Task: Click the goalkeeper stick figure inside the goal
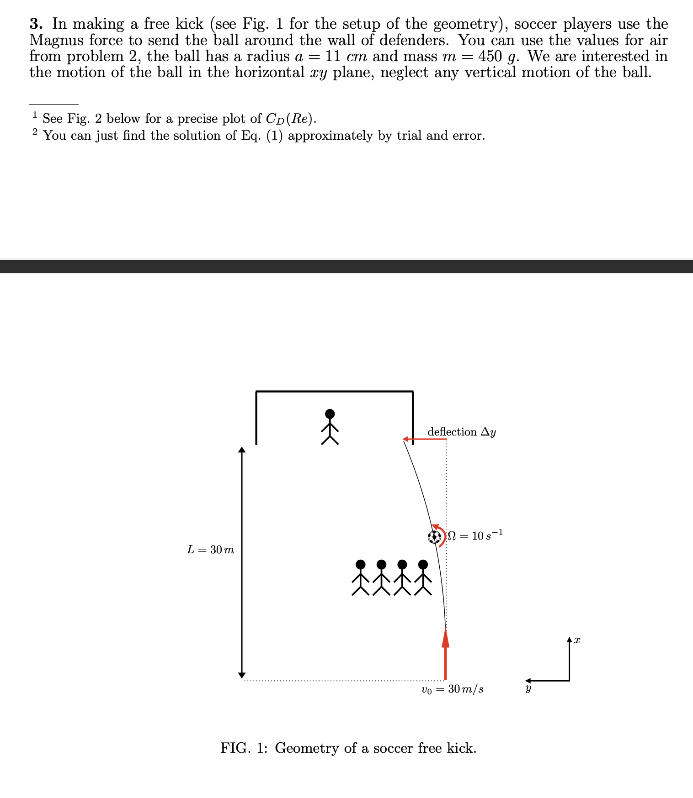click(x=330, y=427)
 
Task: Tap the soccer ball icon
click(x=434, y=537)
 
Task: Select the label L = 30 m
click(x=210, y=550)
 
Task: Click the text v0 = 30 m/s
click(x=452, y=689)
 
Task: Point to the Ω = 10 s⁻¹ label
click(x=475, y=535)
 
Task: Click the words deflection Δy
click(x=462, y=432)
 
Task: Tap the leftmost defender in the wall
click(x=360, y=577)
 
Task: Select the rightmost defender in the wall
click(x=423, y=577)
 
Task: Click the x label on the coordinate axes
click(x=577, y=641)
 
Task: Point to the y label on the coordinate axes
click(x=528, y=689)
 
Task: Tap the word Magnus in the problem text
click(x=57, y=40)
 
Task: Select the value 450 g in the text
click(x=500, y=57)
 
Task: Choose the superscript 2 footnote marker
click(x=35, y=132)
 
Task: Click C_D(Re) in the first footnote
click(x=290, y=119)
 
